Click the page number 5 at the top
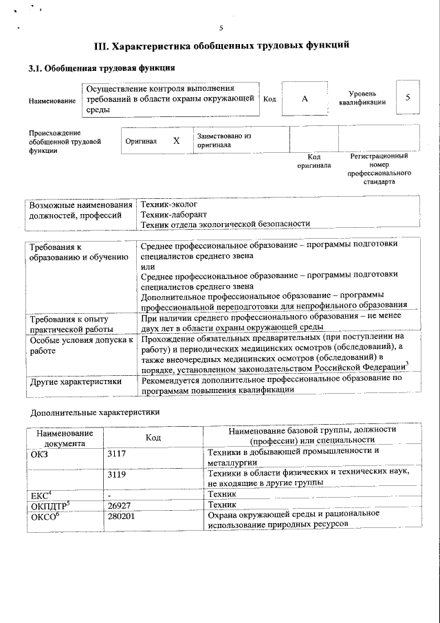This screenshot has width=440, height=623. click(x=221, y=28)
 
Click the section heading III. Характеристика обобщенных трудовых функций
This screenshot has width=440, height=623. click(x=221, y=46)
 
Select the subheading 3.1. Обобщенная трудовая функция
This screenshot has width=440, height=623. click(x=101, y=68)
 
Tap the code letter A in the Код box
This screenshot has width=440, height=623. click(x=305, y=99)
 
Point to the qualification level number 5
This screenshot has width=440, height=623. click(x=408, y=98)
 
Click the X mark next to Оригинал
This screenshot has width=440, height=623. click(x=177, y=140)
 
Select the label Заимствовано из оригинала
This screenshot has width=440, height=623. click(x=224, y=140)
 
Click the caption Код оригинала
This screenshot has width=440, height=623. click(x=314, y=161)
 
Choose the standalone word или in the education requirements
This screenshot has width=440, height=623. click(x=147, y=266)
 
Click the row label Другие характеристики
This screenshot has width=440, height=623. click(x=75, y=381)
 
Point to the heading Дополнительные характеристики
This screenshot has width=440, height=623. click(x=95, y=413)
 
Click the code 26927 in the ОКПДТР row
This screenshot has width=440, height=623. click(x=121, y=505)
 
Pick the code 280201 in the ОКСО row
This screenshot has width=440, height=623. click(x=123, y=515)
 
